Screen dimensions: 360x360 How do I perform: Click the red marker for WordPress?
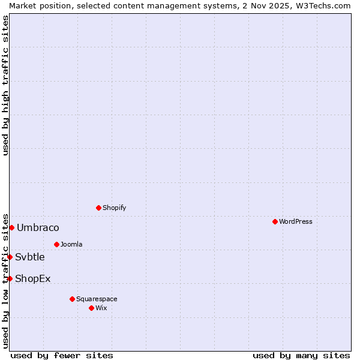(275, 221)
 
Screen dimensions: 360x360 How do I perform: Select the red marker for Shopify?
(98, 208)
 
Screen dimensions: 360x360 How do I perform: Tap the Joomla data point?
(56, 244)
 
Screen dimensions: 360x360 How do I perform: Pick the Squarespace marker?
(72, 299)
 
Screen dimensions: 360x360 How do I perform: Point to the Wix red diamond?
(91, 308)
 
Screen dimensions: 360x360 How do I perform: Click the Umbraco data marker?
(11, 227)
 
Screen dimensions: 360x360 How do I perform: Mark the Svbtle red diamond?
(10, 257)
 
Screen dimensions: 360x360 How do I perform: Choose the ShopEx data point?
(10, 278)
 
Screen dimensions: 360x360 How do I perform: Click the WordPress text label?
(296, 221)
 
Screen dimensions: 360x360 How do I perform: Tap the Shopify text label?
(114, 208)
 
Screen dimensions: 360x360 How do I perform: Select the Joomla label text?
(71, 244)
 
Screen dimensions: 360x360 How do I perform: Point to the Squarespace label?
(97, 299)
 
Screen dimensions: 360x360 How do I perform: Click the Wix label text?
(101, 308)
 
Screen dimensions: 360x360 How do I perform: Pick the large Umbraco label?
(38, 227)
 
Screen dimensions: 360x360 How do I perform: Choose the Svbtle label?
(30, 257)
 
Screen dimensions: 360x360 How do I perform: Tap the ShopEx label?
(33, 278)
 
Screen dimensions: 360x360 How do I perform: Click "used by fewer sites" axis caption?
(62, 355)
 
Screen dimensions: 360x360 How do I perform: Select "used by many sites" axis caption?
(301, 355)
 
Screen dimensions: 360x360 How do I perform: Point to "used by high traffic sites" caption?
(5, 85)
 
